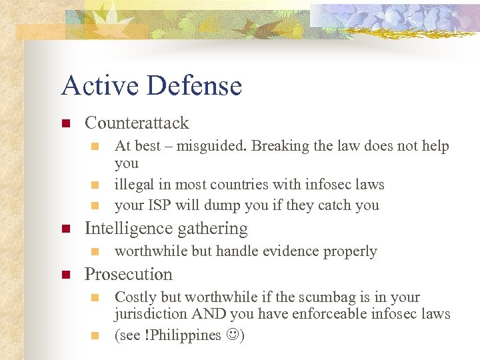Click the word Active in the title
99,85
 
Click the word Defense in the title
195,85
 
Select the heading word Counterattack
137,123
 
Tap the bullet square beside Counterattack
65,123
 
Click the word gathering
211,229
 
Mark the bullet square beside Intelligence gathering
65,229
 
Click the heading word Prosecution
128,274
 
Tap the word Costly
134,297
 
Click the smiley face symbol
232,335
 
